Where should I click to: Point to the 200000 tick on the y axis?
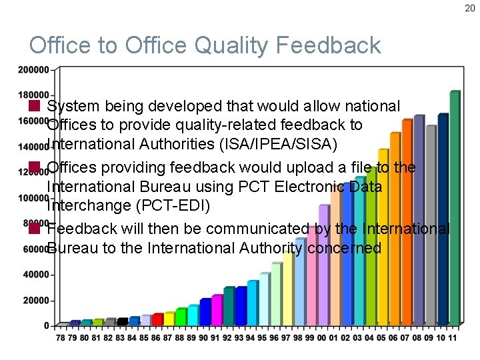33,69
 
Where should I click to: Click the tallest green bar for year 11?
455,207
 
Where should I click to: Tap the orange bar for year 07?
407,221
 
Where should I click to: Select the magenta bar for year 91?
217,309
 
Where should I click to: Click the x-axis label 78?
60,338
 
